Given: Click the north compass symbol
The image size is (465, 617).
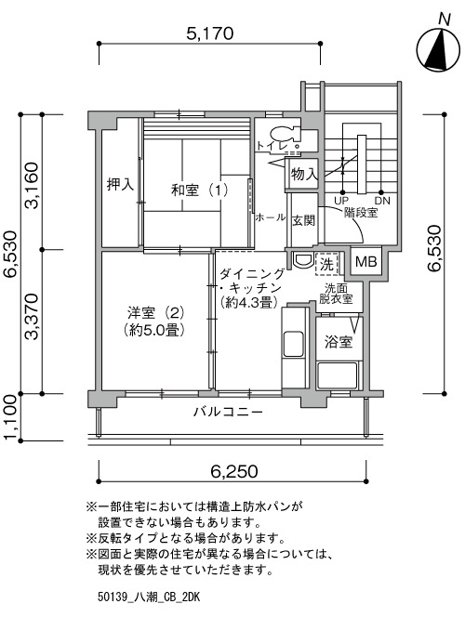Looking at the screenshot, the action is click(x=438, y=50).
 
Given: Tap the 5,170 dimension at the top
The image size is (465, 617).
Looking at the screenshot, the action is click(x=209, y=33).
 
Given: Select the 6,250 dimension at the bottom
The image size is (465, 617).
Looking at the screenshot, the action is click(x=233, y=471).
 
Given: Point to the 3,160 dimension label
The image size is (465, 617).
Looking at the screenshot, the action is click(x=32, y=185).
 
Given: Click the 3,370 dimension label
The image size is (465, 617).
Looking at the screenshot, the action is click(x=32, y=316).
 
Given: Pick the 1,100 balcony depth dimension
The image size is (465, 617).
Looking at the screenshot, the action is click(x=10, y=417).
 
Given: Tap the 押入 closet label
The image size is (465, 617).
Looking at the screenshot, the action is click(x=121, y=184).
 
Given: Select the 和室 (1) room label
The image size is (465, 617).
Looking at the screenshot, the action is click(x=199, y=190).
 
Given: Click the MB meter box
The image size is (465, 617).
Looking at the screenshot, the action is click(x=365, y=261).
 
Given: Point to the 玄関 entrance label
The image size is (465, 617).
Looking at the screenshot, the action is click(x=303, y=220).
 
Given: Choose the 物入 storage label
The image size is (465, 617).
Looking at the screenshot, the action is click(x=304, y=174).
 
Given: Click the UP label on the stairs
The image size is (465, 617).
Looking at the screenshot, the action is click(x=341, y=201).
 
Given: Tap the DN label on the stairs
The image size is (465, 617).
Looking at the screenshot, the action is click(x=382, y=201).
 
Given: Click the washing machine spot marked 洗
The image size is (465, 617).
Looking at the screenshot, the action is click(x=326, y=264).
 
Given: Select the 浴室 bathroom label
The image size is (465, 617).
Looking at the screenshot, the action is click(x=339, y=342).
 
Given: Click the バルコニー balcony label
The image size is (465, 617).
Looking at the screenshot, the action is click(x=228, y=413).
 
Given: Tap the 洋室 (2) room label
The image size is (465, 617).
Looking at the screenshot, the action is click(x=155, y=313).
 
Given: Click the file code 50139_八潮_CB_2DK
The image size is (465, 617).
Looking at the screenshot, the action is click(x=149, y=597).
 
